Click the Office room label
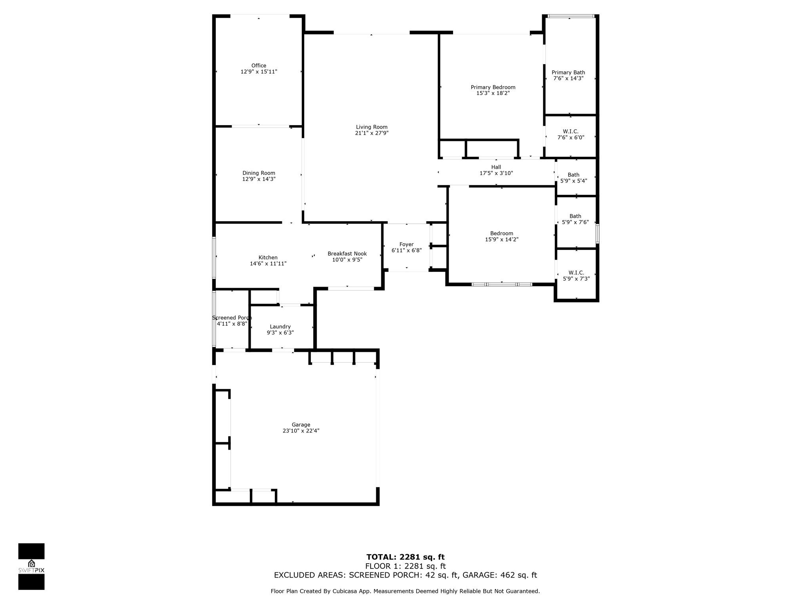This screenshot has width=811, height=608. click(x=259, y=66)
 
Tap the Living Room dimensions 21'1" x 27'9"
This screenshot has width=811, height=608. click(x=371, y=133)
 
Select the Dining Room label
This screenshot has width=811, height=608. click(x=259, y=173)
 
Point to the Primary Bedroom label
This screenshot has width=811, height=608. click(x=493, y=87)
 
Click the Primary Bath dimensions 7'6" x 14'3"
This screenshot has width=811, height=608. click(x=568, y=78)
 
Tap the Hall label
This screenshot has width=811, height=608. click(x=496, y=167)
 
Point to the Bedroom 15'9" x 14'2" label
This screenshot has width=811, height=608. click(x=502, y=234)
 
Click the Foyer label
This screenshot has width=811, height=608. click(x=406, y=245)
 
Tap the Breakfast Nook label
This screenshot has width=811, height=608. click(x=347, y=254)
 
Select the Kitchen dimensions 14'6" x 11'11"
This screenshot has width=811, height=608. click(x=268, y=264)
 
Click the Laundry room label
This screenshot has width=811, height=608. click(x=280, y=327)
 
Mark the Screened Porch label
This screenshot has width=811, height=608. click(x=232, y=318)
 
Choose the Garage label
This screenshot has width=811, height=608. click(x=301, y=425)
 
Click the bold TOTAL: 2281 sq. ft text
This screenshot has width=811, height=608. click(x=405, y=557)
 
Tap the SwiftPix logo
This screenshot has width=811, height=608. click(x=31, y=566)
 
